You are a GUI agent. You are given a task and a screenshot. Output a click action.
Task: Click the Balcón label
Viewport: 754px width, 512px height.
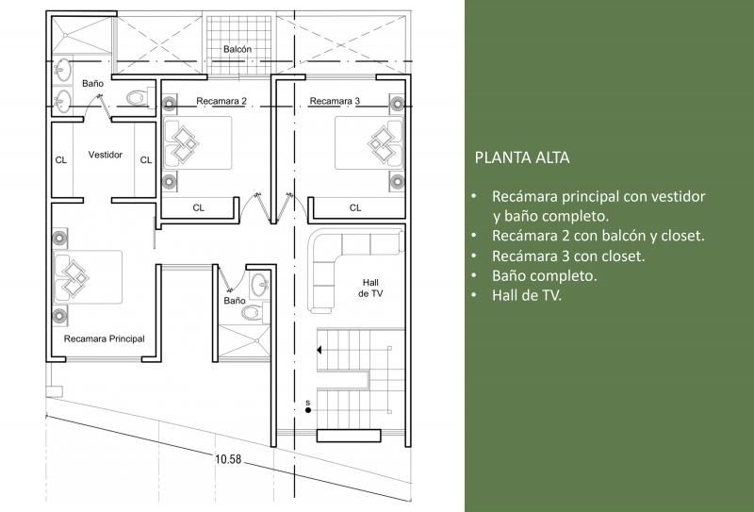(x=238, y=49)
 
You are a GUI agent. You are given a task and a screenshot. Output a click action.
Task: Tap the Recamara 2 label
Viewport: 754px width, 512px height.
(x=221, y=101)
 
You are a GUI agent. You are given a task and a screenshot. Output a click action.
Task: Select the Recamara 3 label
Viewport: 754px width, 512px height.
(x=335, y=101)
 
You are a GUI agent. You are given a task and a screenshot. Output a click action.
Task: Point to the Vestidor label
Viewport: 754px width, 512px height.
(x=106, y=155)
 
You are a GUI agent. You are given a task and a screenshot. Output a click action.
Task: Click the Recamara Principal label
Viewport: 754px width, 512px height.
(x=105, y=339)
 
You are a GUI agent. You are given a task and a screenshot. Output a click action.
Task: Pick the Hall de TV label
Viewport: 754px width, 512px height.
(x=370, y=288)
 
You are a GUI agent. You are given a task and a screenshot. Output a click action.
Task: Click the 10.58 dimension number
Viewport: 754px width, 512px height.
(x=228, y=459)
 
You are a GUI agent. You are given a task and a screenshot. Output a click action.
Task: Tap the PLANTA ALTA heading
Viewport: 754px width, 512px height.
(x=522, y=157)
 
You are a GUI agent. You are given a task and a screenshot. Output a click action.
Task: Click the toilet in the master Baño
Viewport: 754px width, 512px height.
(x=140, y=98)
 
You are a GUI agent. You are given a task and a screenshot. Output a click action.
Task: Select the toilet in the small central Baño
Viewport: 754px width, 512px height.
(x=254, y=313)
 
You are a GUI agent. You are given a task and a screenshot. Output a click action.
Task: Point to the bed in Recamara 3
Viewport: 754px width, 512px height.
(x=369, y=143)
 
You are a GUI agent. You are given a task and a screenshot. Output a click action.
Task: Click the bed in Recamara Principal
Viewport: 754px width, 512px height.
(x=88, y=276)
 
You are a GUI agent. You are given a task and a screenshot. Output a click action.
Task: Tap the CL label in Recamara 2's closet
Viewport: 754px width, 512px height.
(x=199, y=207)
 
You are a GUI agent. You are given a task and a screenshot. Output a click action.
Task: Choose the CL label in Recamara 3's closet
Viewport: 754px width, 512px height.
(x=355, y=207)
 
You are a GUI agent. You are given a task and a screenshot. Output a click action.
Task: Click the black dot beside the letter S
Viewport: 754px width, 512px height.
(x=308, y=410)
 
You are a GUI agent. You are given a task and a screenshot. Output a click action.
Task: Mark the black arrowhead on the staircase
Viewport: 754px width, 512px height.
(x=319, y=350)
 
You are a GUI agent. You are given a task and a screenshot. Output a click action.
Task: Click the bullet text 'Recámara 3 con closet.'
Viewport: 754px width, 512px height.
(x=568, y=256)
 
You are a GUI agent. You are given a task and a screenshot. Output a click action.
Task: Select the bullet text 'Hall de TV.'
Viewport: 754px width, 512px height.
(x=527, y=295)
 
